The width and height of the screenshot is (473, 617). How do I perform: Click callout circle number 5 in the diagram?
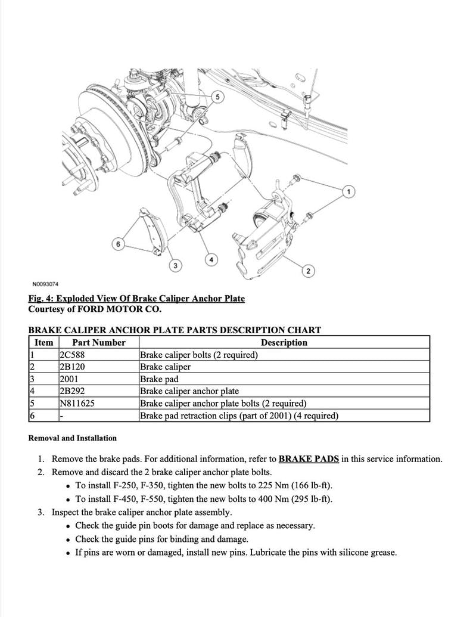click(x=217, y=97)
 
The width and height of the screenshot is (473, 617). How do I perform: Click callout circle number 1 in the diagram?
click(x=349, y=191)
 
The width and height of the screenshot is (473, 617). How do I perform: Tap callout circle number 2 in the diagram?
click(x=308, y=272)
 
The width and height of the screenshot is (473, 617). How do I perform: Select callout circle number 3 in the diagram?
click(x=175, y=265)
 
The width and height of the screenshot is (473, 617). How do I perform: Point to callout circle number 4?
click(x=211, y=259)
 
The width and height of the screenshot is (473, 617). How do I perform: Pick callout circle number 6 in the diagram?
click(x=118, y=244)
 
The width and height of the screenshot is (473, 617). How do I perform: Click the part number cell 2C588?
click(x=71, y=355)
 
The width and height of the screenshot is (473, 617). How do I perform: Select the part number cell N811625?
click(x=77, y=404)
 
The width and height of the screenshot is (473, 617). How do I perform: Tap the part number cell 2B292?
click(x=72, y=391)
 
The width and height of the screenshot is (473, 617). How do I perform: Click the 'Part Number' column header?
click(x=98, y=343)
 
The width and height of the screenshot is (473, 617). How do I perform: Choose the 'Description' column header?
click(x=284, y=343)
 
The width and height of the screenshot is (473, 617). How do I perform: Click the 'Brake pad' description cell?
click(x=159, y=379)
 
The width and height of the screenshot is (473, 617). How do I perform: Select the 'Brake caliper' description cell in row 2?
click(x=165, y=367)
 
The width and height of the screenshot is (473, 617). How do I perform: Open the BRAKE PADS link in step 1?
click(x=309, y=459)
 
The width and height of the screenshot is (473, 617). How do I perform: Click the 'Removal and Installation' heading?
click(x=73, y=438)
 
